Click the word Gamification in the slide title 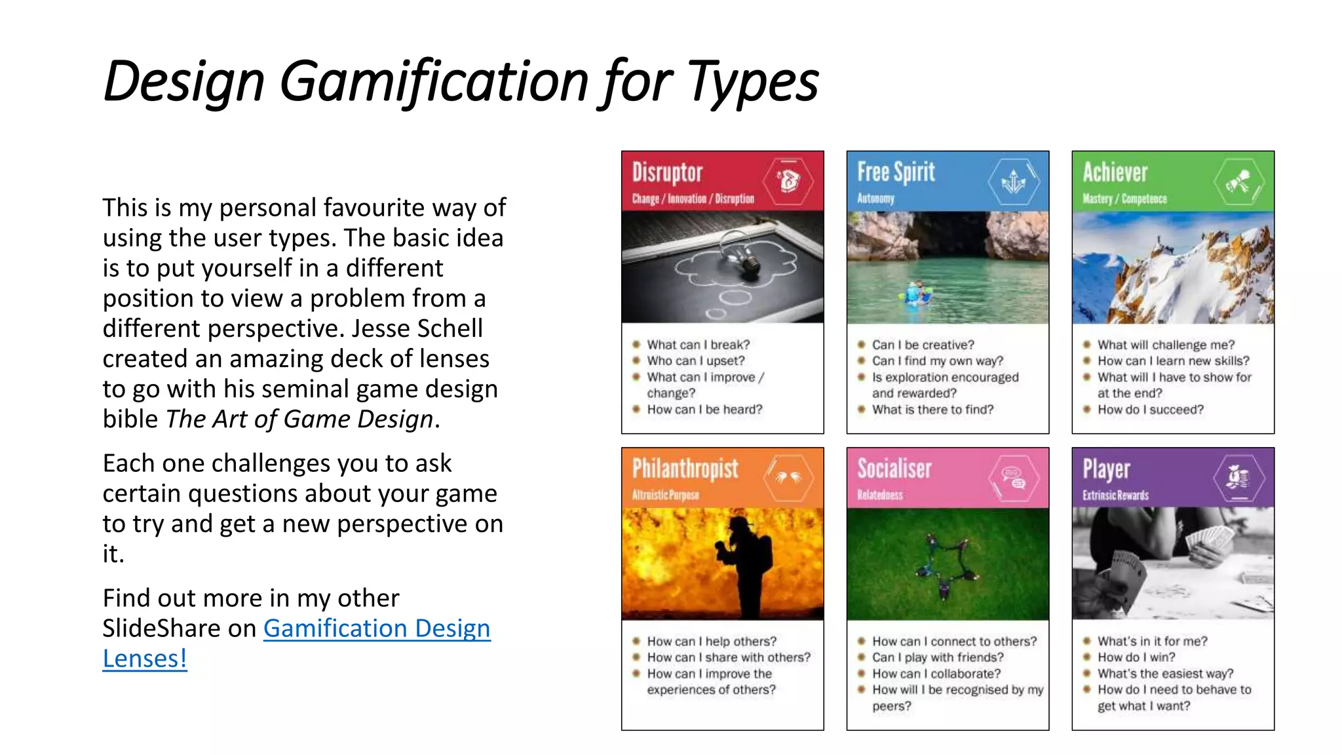[x=434, y=82]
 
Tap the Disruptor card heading [x=667, y=172]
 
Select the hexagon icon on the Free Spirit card [x=1014, y=182]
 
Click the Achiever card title [x=1115, y=172]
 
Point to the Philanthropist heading [x=685, y=469]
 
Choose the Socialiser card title [x=894, y=469]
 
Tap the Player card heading [x=1106, y=469]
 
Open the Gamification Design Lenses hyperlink [x=376, y=629]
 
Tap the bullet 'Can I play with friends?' [x=937, y=657]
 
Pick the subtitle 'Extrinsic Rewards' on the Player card [x=1115, y=495]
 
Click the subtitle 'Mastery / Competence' [x=1124, y=199]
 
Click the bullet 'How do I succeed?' [x=1150, y=410]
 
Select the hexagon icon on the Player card [x=1238, y=478]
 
